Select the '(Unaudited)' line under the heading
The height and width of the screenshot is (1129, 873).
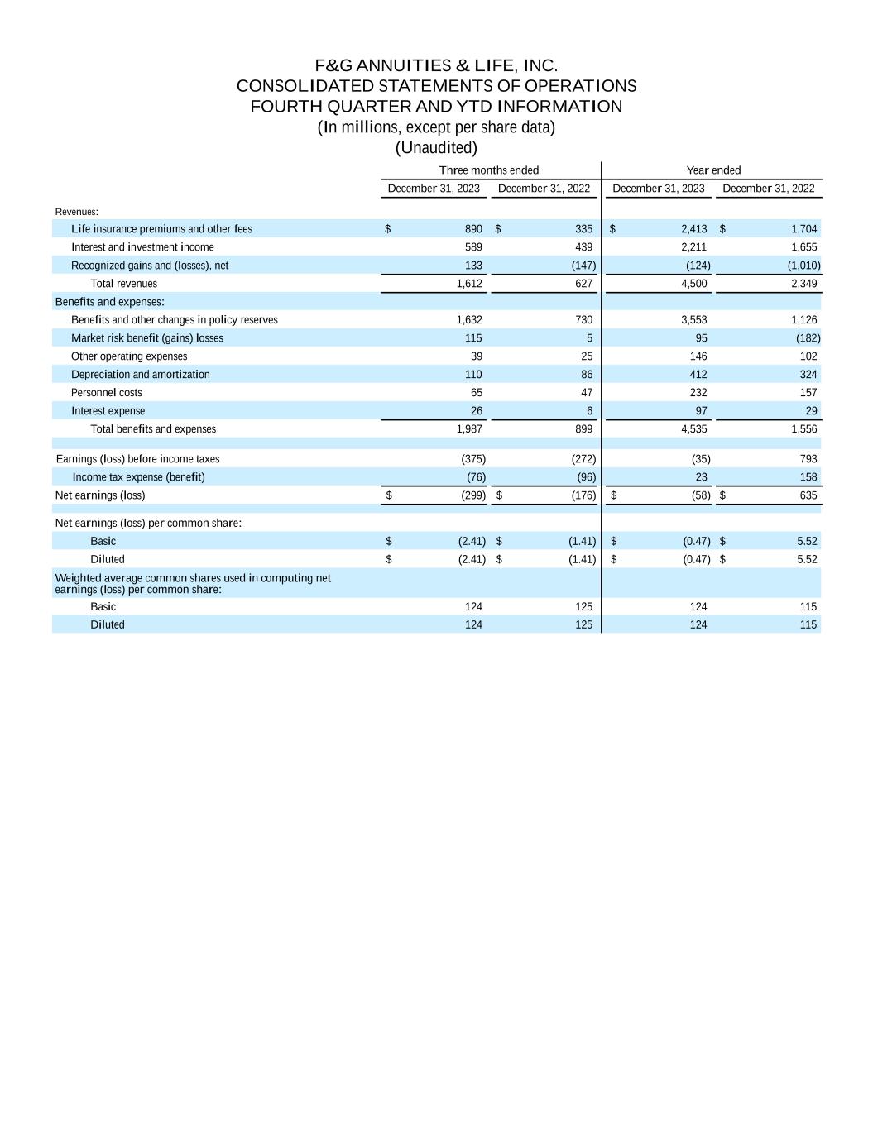436,147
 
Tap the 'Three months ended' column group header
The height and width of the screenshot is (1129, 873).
488,170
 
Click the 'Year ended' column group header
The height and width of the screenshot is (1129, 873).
713,170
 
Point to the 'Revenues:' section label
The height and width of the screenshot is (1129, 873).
76,212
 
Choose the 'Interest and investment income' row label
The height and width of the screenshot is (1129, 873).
142,247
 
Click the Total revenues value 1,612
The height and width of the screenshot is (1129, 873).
469,284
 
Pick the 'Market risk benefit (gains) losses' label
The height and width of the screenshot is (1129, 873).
146,338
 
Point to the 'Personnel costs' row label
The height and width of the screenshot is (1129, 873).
106,393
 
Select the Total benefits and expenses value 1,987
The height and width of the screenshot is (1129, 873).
469,429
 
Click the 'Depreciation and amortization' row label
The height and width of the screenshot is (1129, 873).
140,375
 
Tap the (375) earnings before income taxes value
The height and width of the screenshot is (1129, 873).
472,459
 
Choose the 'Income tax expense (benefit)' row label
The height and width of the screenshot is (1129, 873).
138,477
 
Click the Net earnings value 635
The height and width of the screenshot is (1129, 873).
808,495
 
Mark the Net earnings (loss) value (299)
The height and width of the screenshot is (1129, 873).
472,495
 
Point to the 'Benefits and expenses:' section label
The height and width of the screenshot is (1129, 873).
109,302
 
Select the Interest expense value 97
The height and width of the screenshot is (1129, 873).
698,411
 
